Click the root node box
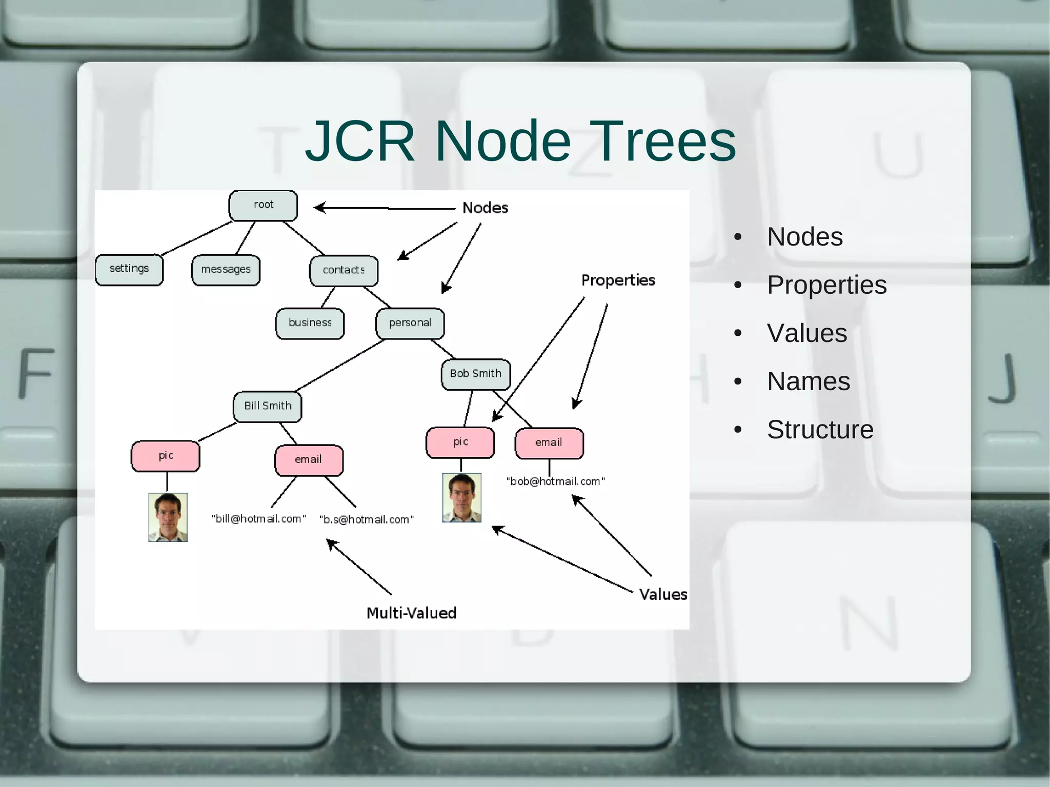(263, 206)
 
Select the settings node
(129, 270)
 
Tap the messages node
(226, 270)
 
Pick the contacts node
(344, 271)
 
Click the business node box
(310, 324)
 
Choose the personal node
(410, 324)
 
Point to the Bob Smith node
(475, 374)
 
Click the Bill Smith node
(268, 407)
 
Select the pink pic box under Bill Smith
(166, 456)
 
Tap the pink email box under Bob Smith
(549, 443)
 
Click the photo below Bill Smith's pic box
(168, 517)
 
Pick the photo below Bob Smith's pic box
(461, 498)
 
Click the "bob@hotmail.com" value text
(556, 482)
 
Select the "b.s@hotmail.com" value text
(367, 520)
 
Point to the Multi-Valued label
(411, 613)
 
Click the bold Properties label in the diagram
(618, 280)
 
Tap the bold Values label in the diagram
(663, 595)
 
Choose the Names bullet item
(809, 381)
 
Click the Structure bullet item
(820, 430)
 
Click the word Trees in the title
(665, 141)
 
